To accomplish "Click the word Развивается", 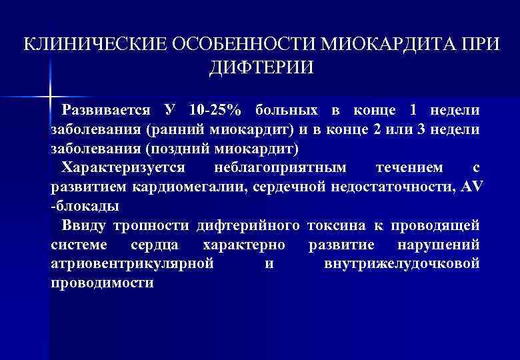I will pos(103,109).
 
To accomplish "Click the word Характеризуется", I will pos(123,167).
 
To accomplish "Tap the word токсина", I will pos(340,225).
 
